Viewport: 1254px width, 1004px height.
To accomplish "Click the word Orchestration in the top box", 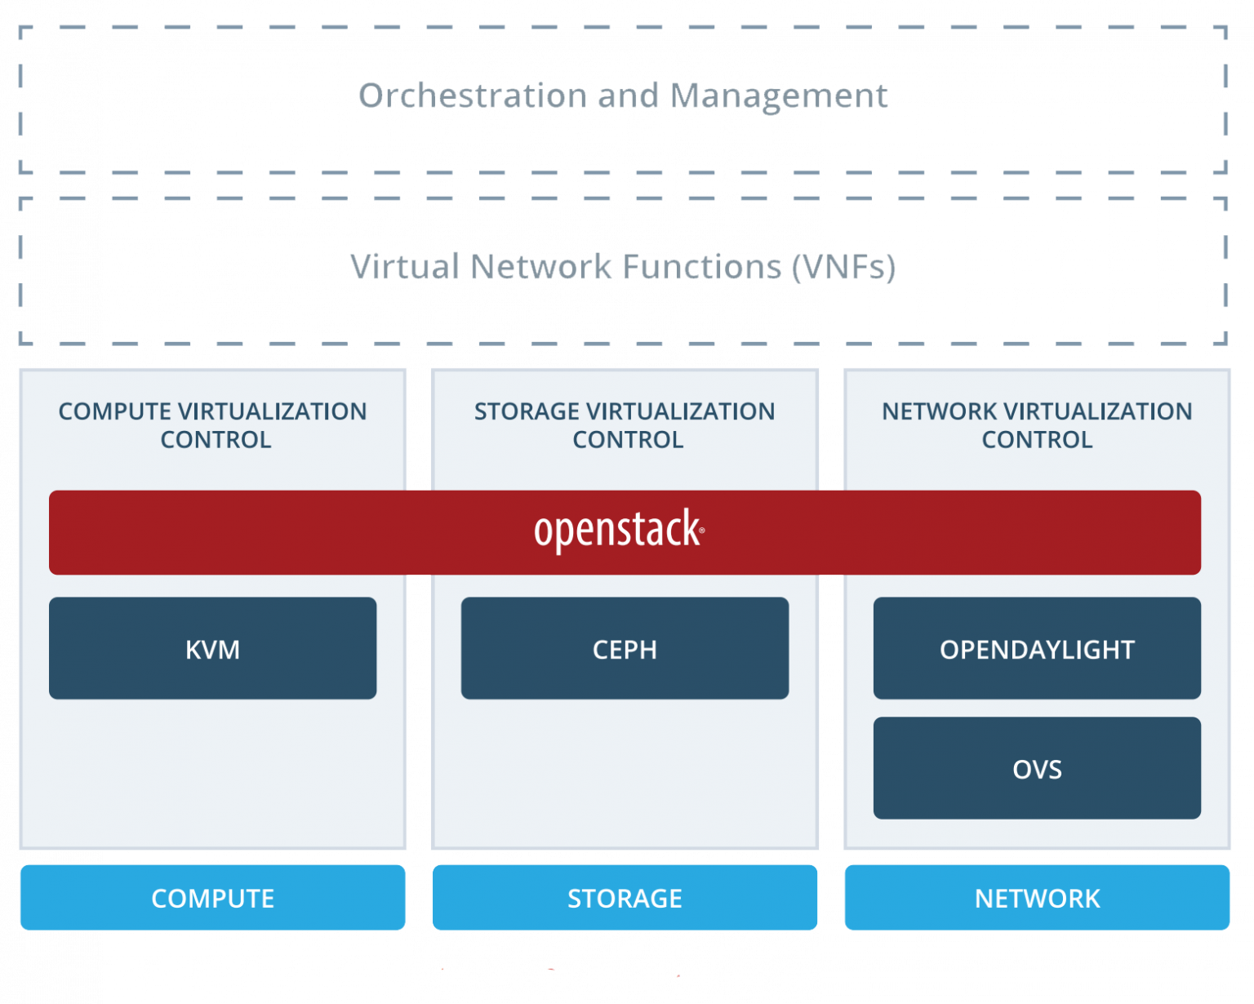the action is tap(473, 95).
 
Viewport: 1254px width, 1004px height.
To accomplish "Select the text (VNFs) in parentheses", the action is tap(844, 268).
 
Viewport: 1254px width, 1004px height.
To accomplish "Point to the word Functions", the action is tap(701, 266).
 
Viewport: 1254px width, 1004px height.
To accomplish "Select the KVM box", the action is tap(213, 648).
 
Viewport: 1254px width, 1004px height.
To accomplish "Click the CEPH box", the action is tap(625, 648).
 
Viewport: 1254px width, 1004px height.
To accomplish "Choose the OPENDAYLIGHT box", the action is tap(1037, 648).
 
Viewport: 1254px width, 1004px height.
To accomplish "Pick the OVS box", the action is tap(1037, 768).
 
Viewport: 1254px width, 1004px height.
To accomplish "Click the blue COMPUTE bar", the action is tap(213, 897).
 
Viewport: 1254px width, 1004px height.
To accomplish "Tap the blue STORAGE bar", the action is tap(625, 897).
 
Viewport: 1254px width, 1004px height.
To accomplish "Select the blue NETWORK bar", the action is tap(1037, 897).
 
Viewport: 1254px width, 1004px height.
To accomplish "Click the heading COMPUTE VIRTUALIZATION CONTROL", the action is tap(213, 425).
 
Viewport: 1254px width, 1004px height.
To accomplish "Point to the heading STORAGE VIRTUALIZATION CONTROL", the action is tap(625, 425).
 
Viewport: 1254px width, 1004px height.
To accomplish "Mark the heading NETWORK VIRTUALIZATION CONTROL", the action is tap(1037, 425).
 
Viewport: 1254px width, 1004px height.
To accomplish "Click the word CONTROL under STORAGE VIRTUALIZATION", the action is tap(628, 440).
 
